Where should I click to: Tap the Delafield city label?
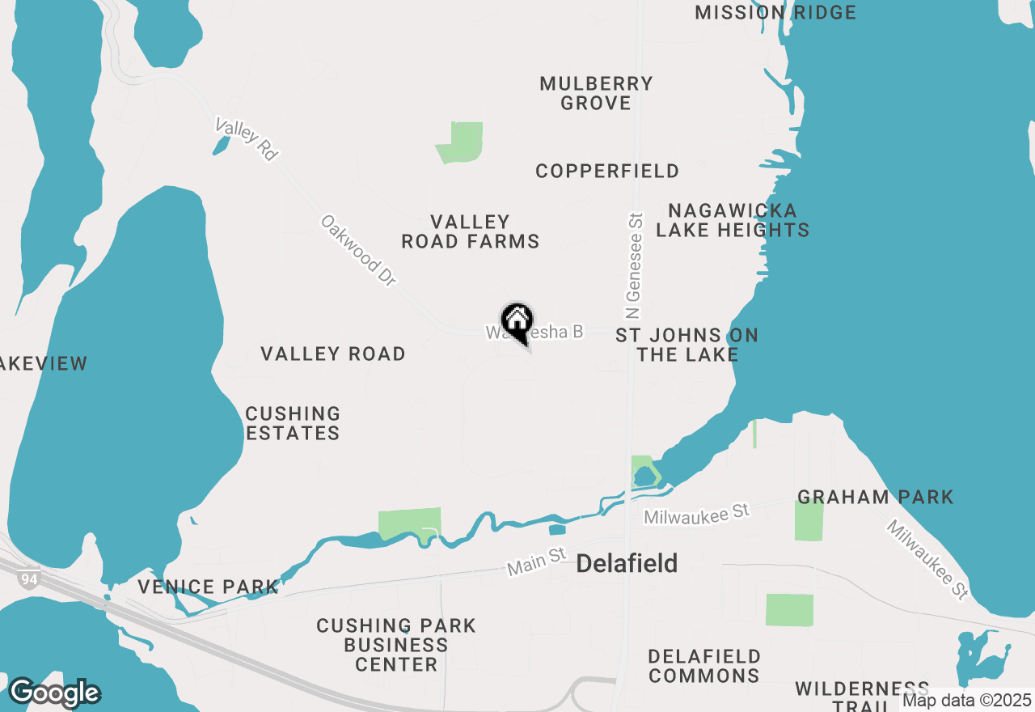coord(627,564)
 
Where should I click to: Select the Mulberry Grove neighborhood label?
coord(596,93)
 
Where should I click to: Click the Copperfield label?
coord(607,172)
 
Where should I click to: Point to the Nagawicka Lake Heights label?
coord(733,221)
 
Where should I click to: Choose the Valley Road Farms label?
coord(471,231)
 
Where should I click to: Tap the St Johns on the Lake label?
coord(687,345)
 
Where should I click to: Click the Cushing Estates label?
coord(293,423)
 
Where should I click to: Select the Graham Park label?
coord(876,497)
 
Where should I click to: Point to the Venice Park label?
coord(208,587)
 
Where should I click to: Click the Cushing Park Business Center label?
coord(396,645)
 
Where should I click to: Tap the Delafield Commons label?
coord(704,665)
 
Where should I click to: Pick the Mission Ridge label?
coord(775,12)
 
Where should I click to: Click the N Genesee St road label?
coord(634,265)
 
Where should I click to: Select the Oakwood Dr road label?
coord(359,250)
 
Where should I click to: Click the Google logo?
coord(54,693)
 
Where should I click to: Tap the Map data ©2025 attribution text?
coord(966,701)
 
